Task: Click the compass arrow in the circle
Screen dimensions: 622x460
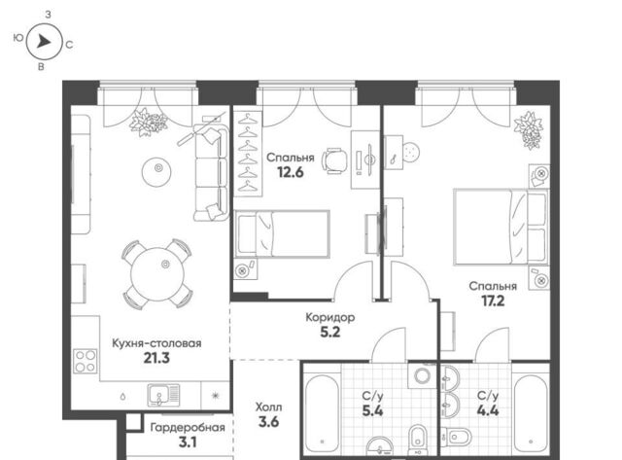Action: tap(44, 41)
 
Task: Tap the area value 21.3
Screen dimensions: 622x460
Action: tap(156, 358)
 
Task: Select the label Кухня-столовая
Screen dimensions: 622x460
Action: tap(156, 343)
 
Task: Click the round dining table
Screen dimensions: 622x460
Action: tap(157, 274)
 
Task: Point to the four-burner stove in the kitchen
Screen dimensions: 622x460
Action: tap(86, 361)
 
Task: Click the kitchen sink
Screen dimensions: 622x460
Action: tap(163, 395)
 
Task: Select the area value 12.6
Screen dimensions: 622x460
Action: tap(291, 172)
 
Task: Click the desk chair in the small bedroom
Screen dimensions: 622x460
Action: tap(334, 160)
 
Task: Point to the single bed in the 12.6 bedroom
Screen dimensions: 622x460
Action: tap(283, 234)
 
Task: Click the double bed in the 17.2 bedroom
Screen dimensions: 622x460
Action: tap(501, 227)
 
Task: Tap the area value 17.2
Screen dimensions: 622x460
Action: tap(493, 301)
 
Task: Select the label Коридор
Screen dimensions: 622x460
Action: tap(330, 317)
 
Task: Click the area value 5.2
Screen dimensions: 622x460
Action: tap(330, 332)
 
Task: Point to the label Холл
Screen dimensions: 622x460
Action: tap(268, 407)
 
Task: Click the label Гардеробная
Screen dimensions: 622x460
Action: tap(188, 428)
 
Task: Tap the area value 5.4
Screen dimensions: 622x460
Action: tap(372, 410)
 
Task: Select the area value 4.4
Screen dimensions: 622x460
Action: tap(488, 410)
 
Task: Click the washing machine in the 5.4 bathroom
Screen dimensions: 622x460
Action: tap(422, 375)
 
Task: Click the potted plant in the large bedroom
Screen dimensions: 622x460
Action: tap(529, 129)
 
